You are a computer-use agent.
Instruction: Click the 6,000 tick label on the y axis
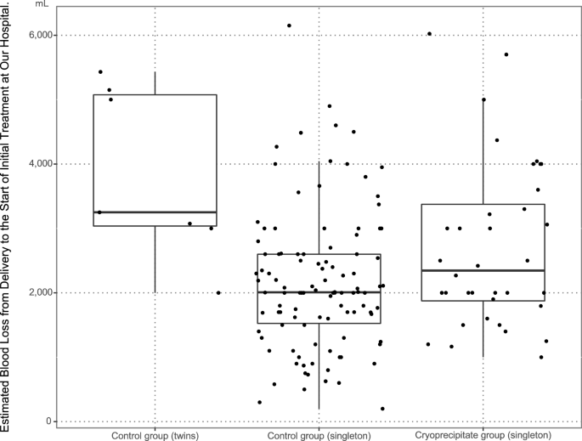pos(41,35)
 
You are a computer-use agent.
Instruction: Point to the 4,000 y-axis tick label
pos(41,163)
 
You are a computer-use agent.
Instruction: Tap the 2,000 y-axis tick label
pos(41,292)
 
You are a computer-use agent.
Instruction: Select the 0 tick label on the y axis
pos(50,421)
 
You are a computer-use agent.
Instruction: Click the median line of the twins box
pos(155,212)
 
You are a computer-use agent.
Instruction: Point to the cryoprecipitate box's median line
pos(483,270)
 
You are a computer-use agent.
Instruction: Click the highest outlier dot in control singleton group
pos(289,25)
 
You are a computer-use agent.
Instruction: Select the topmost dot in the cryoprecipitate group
pos(430,34)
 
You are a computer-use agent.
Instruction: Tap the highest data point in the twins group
pos(100,71)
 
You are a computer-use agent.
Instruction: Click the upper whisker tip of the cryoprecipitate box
pos(483,99)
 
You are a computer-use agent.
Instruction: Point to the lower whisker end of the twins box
pos(155,292)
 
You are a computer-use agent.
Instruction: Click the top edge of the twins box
pos(155,94)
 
